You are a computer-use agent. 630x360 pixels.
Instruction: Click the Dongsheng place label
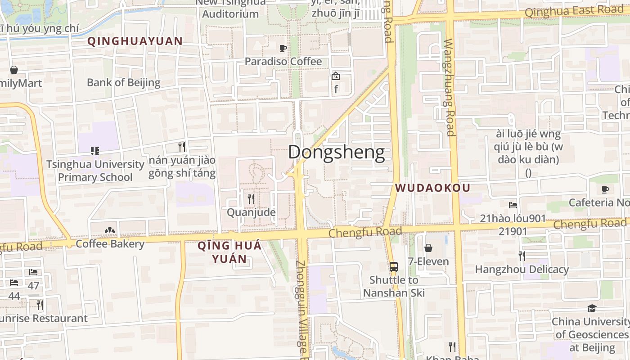point(336,153)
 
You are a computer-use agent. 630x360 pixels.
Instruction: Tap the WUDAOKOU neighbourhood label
point(433,188)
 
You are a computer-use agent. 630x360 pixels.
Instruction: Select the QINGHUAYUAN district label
point(135,41)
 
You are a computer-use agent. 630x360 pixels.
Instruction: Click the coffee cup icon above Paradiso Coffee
point(283,48)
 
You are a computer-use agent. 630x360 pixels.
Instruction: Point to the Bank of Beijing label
point(124,82)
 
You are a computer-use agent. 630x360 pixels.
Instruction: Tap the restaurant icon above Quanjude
point(251,198)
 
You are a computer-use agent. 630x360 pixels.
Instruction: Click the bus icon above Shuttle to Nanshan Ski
point(394,266)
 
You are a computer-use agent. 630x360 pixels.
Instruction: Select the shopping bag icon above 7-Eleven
point(428,248)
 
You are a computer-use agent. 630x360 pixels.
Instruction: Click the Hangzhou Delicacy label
point(522,270)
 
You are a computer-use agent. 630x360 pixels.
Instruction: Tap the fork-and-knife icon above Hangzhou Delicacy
point(522,256)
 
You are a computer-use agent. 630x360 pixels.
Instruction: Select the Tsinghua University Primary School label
point(95,171)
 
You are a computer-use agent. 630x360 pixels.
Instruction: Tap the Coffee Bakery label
point(110,244)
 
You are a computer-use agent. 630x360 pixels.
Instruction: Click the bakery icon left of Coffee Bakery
point(109,231)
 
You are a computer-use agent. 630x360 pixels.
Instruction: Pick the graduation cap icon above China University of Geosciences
point(592,308)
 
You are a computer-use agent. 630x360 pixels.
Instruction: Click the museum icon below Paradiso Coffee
point(336,76)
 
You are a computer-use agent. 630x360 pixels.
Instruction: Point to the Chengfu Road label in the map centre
point(365,232)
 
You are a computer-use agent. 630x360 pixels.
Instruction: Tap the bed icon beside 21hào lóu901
point(513,205)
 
